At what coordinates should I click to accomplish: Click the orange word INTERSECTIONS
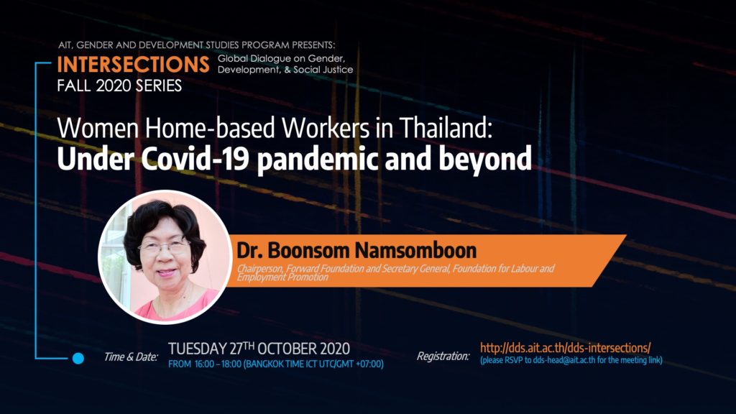pyautogui.click(x=133, y=65)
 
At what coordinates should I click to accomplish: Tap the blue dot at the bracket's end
pyautogui.click(x=78, y=358)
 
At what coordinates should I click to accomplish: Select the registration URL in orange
pyautogui.click(x=565, y=348)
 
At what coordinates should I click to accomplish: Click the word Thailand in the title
pyautogui.click(x=446, y=127)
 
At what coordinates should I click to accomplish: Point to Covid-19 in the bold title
pyautogui.click(x=195, y=159)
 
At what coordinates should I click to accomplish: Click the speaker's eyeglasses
pyautogui.click(x=163, y=247)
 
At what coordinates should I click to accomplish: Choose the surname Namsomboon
pyautogui.click(x=415, y=250)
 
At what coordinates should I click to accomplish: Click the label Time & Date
pyautogui.click(x=131, y=356)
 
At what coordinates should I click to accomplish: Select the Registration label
pyautogui.click(x=443, y=356)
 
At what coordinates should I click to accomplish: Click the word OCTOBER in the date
pyautogui.click(x=287, y=349)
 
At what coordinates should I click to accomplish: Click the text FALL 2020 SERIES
pyautogui.click(x=119, y=86)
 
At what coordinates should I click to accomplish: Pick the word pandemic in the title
pyautogui.click(x=318, y=159)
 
